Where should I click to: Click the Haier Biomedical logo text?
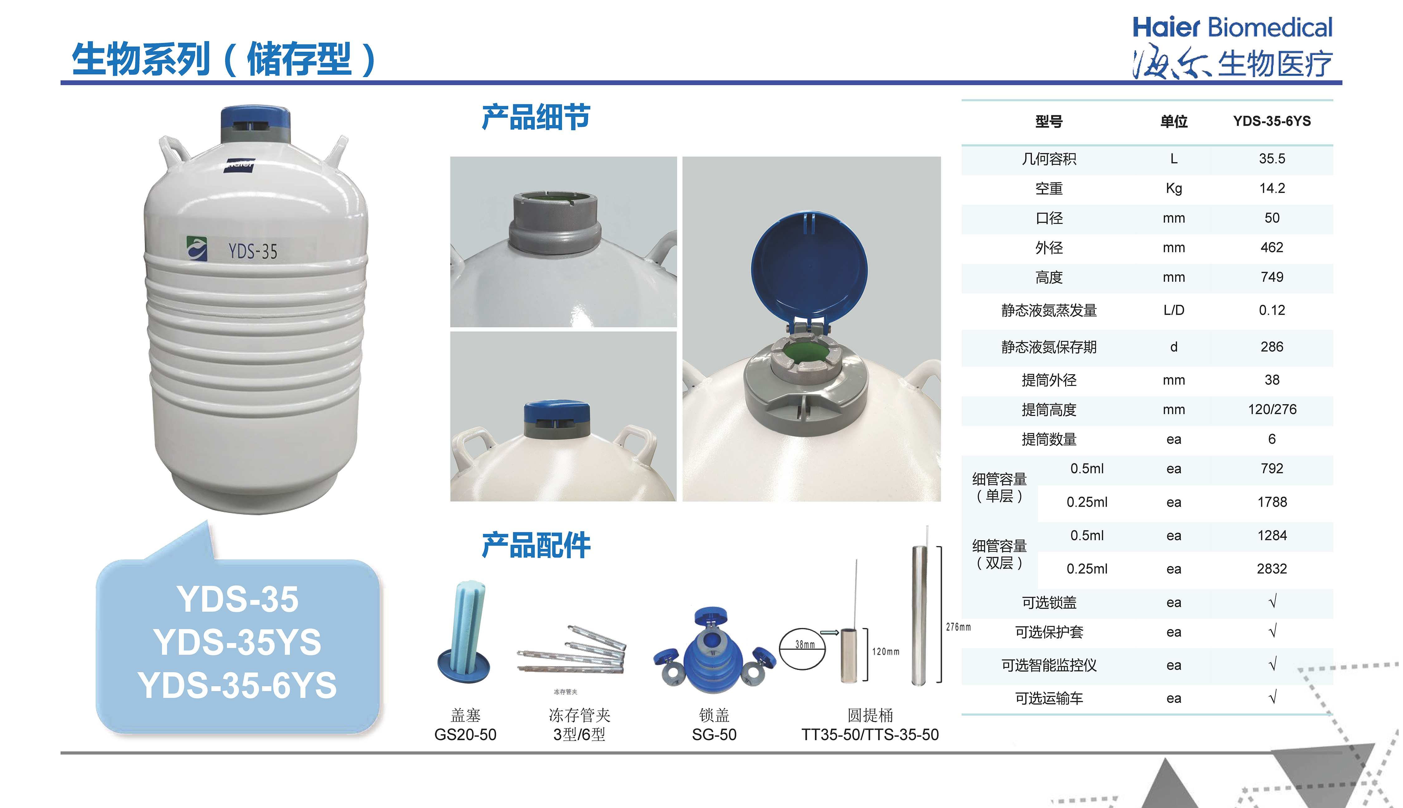(x=1232, y=28)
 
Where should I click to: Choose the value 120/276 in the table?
(x=1272, y=409)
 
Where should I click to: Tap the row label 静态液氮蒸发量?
(x=1049, y=310)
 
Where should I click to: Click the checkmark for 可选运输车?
(x=1273, y=697)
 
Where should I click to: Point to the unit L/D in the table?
(x=1174, y=310)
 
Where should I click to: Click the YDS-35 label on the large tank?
(x=253, y=251)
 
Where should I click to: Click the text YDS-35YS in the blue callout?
(x=238, y=643)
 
